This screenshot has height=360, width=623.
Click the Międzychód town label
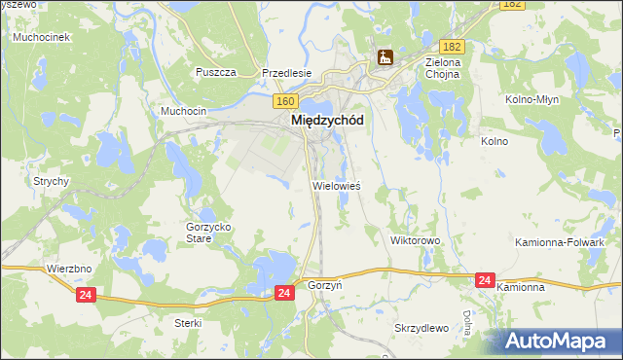tap(328, 121)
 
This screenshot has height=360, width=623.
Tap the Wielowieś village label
tap(336, 184)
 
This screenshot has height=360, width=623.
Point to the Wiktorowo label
tap(416, 239)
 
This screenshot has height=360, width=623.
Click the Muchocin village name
tap(183, 112)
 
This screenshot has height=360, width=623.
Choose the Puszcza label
tap(216, 73)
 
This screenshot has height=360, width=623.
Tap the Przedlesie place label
tap(285, 73)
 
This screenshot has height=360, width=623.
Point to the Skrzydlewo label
tap(421, 327)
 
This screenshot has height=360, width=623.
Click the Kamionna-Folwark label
tap(573, 241)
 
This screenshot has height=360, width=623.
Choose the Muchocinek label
tap(38, 37)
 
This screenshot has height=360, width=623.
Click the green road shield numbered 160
tap(284, 100)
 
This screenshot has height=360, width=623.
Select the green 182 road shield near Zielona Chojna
tap(451, 46)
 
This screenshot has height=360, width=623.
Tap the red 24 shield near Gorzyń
tap(283, 292)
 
